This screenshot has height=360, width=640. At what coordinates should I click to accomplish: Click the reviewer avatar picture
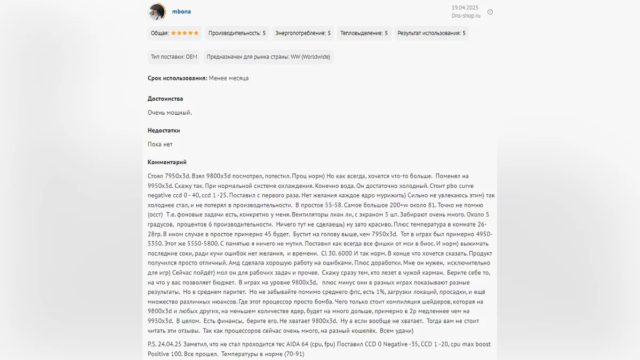point(156,12)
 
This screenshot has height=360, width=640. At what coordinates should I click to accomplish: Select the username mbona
point(181,12)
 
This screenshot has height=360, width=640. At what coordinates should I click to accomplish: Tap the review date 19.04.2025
point(465,7)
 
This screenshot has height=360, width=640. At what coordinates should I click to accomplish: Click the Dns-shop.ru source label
point(466,15)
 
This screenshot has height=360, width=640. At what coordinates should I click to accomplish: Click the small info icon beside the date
point(490,12)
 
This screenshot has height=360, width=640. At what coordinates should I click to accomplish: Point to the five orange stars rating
point(185,33)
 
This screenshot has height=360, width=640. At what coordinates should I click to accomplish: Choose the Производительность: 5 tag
point(237,33)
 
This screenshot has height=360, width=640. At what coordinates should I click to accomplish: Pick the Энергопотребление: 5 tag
point(303,33)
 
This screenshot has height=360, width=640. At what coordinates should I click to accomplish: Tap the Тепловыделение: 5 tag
point(364,33)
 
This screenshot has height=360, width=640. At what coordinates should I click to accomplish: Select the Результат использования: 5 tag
point(431,33)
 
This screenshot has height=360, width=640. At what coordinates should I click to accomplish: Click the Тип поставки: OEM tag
point(174,57)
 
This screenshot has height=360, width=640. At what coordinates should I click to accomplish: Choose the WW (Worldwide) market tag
point(268,57)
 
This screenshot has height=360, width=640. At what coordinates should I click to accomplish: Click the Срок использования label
point(177,78)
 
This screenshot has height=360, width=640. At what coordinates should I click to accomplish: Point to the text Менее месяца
point(228,78)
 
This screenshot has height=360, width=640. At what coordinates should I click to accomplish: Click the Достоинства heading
point(165,99)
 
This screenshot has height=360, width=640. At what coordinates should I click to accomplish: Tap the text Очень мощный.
point(170,113)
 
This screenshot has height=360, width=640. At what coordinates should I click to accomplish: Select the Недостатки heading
point(164,130)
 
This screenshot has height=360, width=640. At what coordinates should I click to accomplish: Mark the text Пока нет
point(160,144)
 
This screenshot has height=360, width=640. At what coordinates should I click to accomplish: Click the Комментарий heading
point(167,162)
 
